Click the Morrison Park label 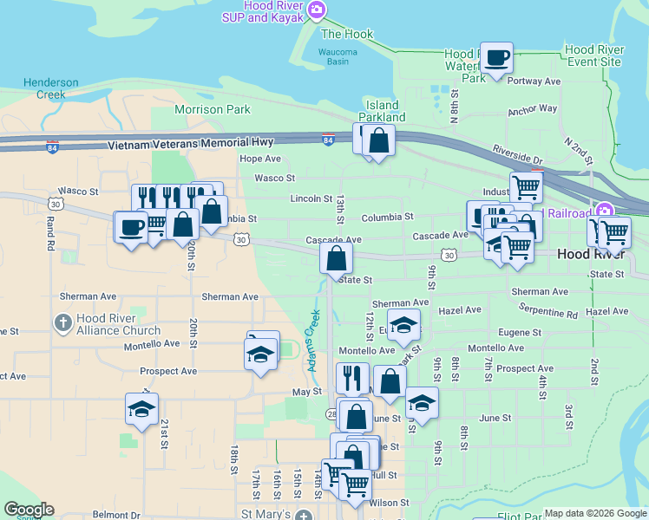tap(213, 109)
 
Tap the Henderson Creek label tap(51, 88)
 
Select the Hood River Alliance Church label tap(118, 324)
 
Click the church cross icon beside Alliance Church tap(62, 324)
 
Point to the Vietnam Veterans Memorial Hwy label tap(192, 142)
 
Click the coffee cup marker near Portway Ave tap(496, 59)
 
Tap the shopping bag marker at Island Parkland tap(379, 140)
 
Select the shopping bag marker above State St tap(337, 257)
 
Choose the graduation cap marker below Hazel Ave tap(403, 325)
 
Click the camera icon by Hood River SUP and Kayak tap(318, 10)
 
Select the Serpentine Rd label tap(547, 310)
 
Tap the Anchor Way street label tap(533, 110)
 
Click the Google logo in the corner tap(29, 510)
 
